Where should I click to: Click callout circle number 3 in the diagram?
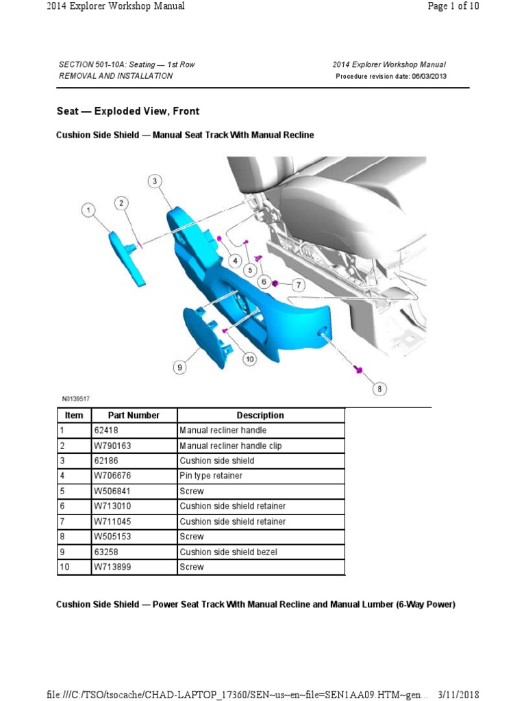point(155,181)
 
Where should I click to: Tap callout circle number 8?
point(379,389)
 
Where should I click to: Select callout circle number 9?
point(179,368)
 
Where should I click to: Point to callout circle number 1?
point(88,210)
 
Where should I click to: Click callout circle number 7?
point(298,284)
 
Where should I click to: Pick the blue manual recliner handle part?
point(127,257)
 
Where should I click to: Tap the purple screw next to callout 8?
point(357,370)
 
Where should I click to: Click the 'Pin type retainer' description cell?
point(211,476)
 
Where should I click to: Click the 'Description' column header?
point(260,416)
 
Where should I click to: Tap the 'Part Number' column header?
point(134,416)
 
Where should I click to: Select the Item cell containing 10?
point(64,567)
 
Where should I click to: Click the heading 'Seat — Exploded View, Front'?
point(127,111)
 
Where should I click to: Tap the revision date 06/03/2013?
point(429,76)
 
